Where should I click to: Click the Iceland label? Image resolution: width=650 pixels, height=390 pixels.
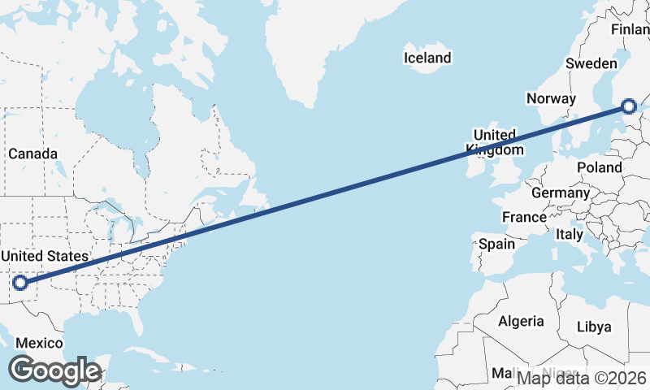coord(427,58)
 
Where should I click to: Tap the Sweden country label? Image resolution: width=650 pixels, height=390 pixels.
coord(591,63)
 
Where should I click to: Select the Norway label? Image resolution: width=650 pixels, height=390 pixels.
coord(551,98)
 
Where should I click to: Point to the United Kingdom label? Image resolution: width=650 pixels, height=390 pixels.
coord(495,142)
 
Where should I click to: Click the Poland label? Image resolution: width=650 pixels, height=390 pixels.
coord(599,167)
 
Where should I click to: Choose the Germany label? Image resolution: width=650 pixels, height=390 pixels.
coord(560,193)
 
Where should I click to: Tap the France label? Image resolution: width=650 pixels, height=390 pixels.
coord(524,217)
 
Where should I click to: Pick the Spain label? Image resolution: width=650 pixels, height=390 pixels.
coord(496,244)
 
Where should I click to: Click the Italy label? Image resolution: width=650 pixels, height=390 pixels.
coord(570,234)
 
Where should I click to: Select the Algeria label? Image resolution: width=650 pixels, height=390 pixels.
coord(521,321)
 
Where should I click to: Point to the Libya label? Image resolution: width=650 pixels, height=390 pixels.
coord(593,327)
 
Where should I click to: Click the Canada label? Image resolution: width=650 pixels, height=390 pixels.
coord(32,154)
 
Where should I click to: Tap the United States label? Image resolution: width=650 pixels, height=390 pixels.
coord(44,257)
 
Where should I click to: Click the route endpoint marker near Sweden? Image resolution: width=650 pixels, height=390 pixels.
coord(629,106)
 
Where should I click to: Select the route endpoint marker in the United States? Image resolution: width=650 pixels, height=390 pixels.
coord(20,283)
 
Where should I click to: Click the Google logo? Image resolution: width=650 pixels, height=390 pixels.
coord(54,370)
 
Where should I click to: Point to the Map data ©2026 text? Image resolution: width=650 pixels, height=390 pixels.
coord(582,377)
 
